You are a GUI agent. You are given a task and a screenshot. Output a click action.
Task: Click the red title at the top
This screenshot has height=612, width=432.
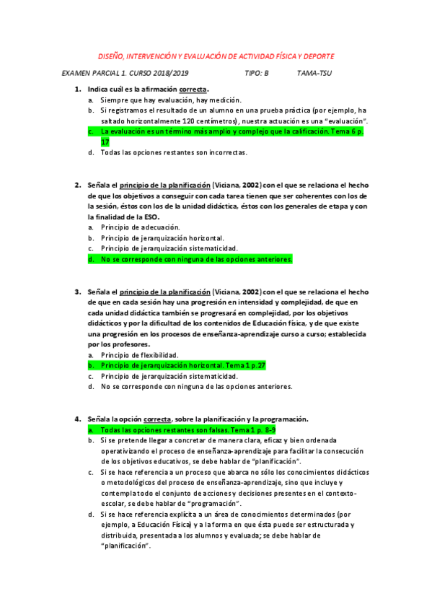(x=216, y=56)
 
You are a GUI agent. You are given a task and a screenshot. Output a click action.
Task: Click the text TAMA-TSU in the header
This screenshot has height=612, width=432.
(x=314, y=74)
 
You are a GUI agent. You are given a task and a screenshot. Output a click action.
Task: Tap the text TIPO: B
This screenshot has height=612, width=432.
(x=257, y=74)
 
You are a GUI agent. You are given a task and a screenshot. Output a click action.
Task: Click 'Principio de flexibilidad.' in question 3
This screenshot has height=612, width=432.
(x=139, y=355)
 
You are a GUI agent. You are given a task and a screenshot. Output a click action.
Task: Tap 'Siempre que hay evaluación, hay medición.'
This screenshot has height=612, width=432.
(x=171, y=100)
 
